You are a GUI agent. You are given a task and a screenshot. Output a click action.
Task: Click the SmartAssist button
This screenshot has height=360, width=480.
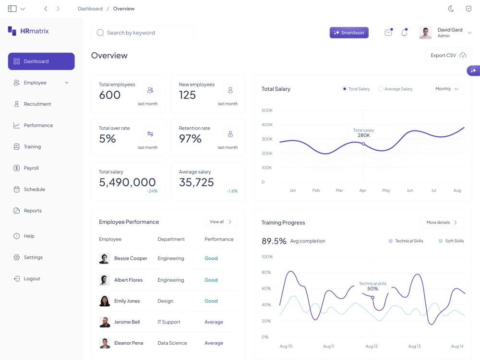[349, 33]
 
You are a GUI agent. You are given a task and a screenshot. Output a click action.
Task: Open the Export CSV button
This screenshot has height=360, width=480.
[448, 55]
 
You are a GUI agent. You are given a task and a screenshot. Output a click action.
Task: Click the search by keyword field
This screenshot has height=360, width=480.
[143, 33]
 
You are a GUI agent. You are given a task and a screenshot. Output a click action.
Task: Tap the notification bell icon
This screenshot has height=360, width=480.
[404, 33]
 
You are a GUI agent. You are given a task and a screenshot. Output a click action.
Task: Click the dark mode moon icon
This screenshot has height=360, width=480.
[451, 9]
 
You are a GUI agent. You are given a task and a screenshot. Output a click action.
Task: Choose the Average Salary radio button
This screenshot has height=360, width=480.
[381, 89]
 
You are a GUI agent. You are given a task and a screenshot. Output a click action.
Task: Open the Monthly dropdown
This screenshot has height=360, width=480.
[447, 89]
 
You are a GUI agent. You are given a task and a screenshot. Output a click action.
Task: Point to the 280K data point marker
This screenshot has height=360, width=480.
[363, 144]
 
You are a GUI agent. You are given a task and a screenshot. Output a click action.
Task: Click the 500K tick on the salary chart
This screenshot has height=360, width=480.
[267, 110]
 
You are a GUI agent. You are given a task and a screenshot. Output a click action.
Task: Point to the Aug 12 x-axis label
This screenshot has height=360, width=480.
[372, 346]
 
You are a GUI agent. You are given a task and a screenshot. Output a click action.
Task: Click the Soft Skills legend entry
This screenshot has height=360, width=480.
[451, 241]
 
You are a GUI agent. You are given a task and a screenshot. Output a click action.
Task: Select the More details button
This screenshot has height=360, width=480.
[442, 223]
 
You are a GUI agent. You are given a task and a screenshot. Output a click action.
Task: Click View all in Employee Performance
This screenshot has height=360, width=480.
[221, 222]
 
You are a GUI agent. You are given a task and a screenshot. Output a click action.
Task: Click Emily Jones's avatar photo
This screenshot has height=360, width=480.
[105, 301]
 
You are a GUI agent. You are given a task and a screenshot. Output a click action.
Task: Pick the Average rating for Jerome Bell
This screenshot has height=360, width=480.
[214, 322]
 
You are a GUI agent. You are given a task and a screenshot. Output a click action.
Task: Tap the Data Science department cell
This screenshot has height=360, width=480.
[172, 343]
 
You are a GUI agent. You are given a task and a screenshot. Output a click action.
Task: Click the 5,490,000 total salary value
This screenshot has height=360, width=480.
[127, 182]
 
